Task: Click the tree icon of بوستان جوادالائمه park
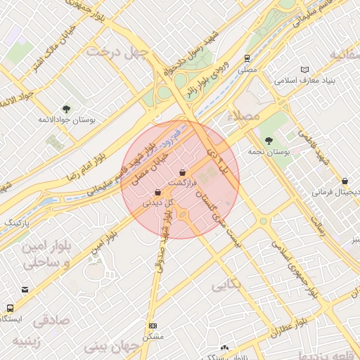click(x=66, y=109)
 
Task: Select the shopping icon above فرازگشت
click(x=183, y=172)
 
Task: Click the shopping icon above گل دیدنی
click(x=157, y=193)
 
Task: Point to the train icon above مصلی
click(x=247, y=59)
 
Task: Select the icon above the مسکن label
click(x=153, y=326)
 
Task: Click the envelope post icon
click(x=25, y=290)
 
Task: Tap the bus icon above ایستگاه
click(x=10, y=308)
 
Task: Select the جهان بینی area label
click(x=112, y=347)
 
